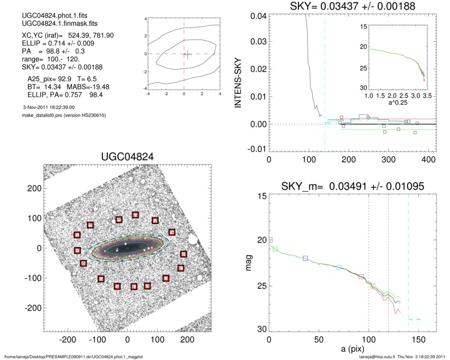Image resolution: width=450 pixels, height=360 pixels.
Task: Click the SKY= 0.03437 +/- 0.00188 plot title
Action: pos(346,6)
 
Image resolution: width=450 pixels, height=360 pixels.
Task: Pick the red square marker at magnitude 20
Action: pos(271,239)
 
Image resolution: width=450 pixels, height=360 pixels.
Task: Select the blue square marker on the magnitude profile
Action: pos(306,258)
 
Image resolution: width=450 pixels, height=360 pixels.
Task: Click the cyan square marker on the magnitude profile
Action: pos(339,267)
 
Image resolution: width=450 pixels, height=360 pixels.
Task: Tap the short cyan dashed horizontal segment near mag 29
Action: pos(415,319)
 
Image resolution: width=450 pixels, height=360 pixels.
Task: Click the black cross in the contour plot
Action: pos(187,55)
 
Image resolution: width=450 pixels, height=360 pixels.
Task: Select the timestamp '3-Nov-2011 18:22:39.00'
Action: pos(49,107)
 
